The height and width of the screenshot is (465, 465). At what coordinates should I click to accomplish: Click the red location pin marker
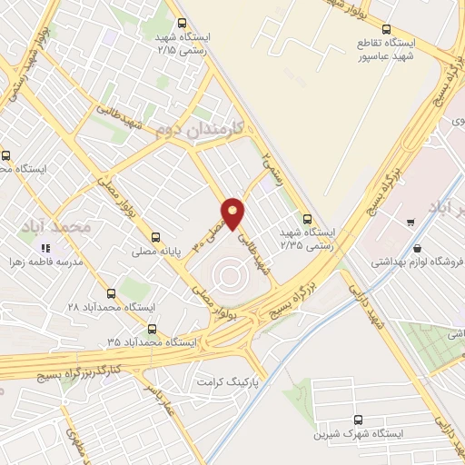tap(234, 213)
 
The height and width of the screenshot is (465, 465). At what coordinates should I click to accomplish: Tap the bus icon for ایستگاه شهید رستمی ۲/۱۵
tap(182, 23)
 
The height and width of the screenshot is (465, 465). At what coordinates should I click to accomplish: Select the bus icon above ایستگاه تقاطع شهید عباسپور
tap(387, 29)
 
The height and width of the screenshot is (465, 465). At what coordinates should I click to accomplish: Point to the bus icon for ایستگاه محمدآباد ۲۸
tap(111, 293)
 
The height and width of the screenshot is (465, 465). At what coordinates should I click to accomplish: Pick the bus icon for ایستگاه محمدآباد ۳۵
tap(151, 329)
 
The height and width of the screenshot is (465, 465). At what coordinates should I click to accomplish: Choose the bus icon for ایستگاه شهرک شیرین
tap(358, 420)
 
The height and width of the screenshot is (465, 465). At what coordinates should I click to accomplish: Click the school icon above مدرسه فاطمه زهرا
tap(44, 247)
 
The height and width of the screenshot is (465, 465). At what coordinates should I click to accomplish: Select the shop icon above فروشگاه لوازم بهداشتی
tap(417, 248)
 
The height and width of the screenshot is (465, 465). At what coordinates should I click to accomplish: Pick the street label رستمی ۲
tap(272, 166)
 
